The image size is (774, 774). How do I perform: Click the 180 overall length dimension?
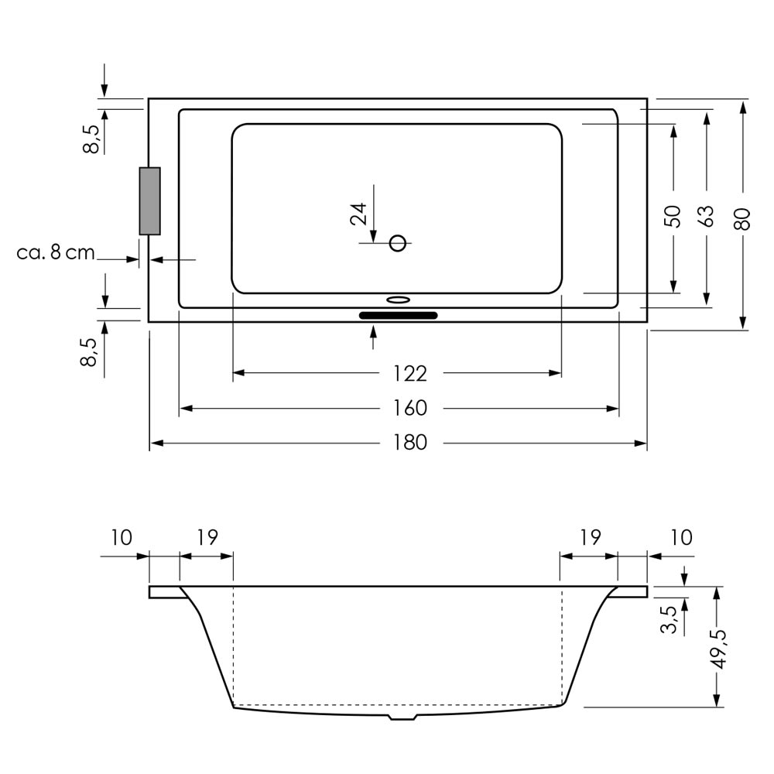pos(410,443)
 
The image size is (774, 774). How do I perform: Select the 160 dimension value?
pos(410,408)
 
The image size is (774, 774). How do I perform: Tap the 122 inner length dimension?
pos(410,374)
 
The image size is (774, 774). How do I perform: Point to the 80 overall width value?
pos(742,219)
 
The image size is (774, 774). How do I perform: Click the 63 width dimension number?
pos(707,216)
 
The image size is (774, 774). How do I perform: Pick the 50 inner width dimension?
pos(673,216)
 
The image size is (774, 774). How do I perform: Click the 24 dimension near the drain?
pos(359,214)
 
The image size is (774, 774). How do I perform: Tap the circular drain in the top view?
pos(397,243)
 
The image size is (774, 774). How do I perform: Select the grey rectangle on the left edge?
pos(150,201)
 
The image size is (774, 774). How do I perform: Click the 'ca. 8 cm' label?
pos(55,253)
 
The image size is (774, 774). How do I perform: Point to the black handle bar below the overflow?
pos(399,316)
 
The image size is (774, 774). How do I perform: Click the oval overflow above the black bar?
pos(398,299)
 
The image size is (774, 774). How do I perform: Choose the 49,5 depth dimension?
pos(720,649)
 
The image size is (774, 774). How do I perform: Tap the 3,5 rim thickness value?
pos(669,619)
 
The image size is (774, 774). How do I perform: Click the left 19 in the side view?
pos(207,537)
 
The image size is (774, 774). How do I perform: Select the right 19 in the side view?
pos(591,537)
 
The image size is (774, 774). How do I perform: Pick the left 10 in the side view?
pos(121,538)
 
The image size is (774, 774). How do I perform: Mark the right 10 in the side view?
pos(681,538)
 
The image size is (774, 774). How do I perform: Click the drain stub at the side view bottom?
pos(403,716)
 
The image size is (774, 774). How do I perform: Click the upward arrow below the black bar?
pos(373,337)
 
